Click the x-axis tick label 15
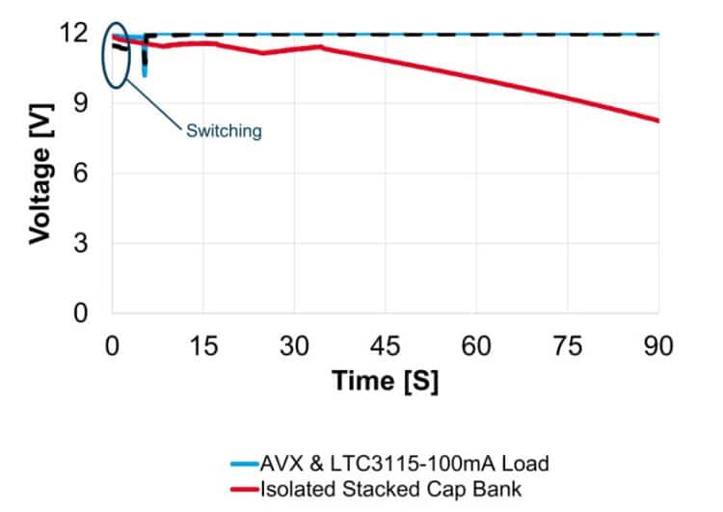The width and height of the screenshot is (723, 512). point(203,348)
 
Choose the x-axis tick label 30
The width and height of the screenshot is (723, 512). point(294,348)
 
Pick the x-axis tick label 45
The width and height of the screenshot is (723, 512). point(386,348)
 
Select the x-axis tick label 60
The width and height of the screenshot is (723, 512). point(476,348)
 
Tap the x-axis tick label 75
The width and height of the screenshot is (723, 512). point(568,348)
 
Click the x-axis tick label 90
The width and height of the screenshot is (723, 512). point(658,348)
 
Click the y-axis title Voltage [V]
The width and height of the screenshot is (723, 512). point(40,174)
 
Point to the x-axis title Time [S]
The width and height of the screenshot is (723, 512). point(386,381)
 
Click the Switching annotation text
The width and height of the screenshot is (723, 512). point(224,131)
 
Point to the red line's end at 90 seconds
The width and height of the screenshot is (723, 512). point(657,121)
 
